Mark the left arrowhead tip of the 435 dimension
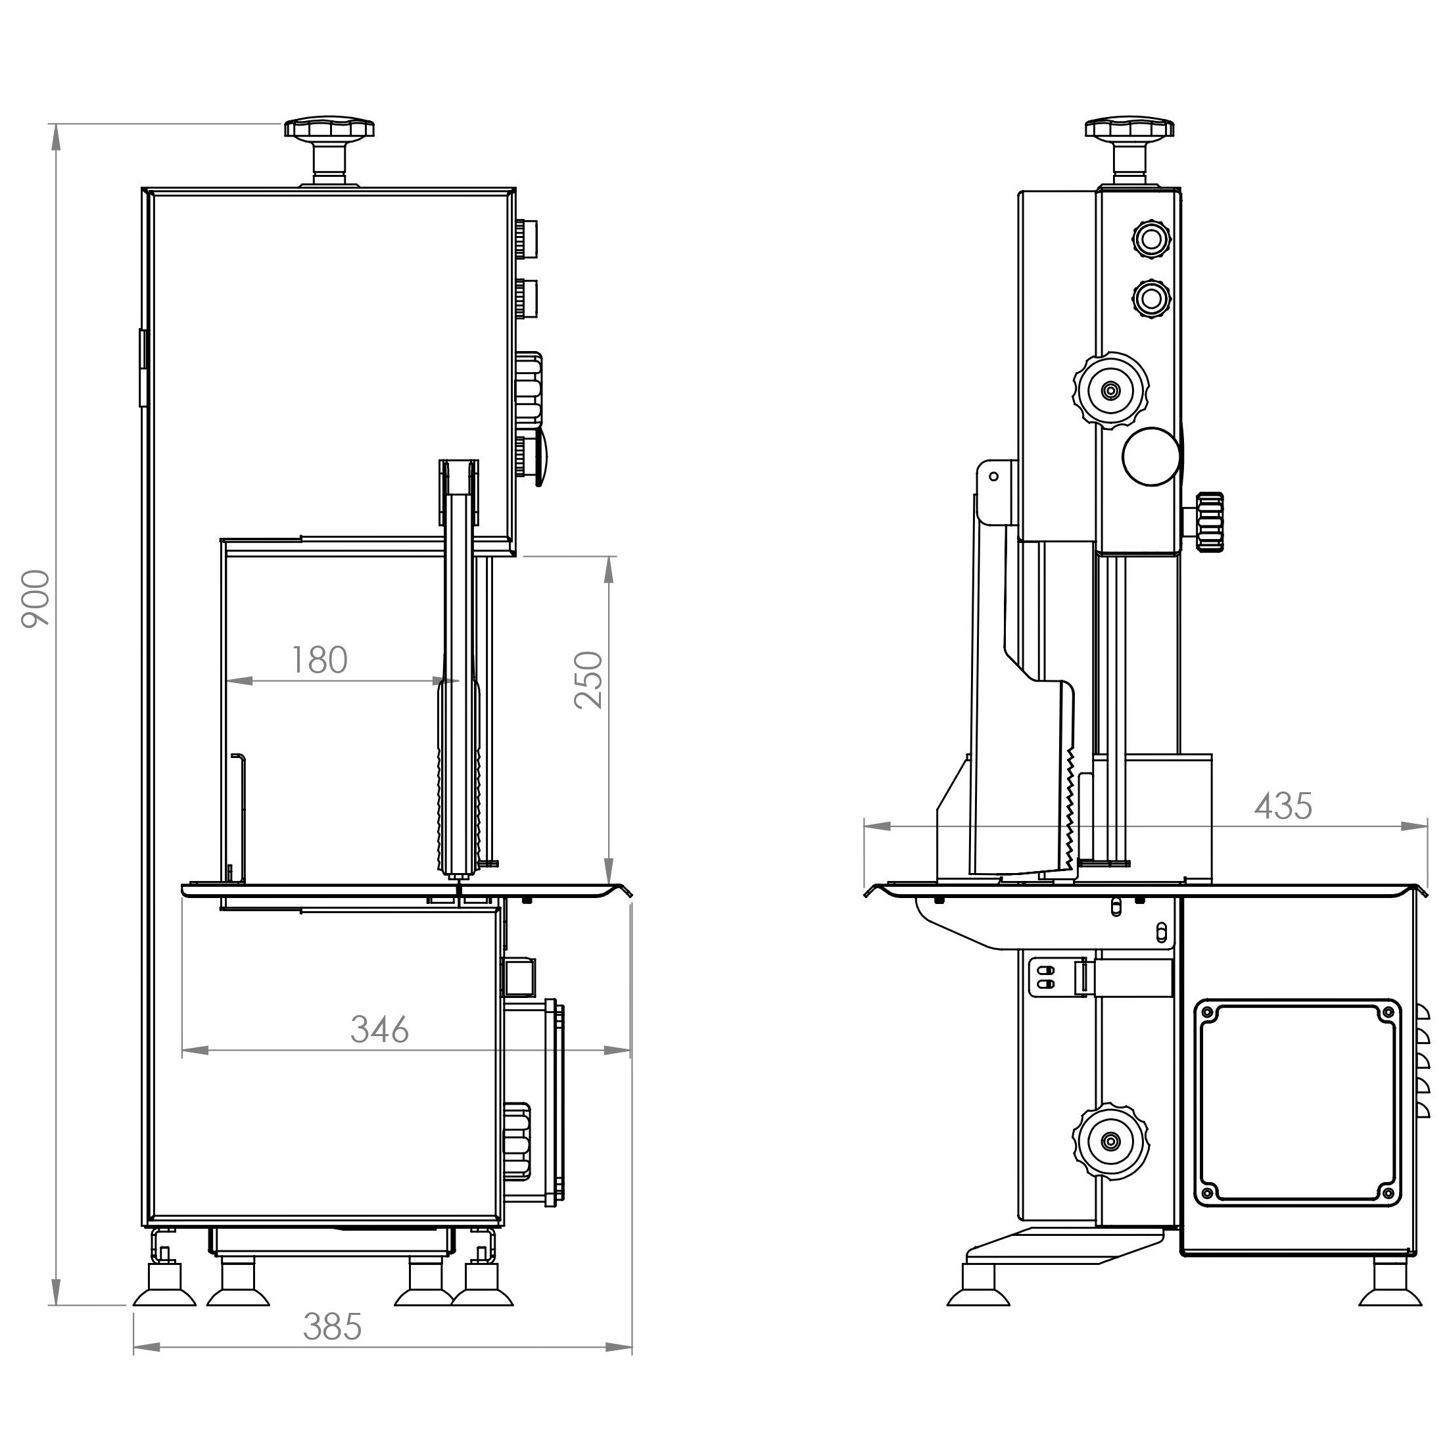coord(865,826)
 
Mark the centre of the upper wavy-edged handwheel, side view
coord(1112,389)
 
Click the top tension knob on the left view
coord(329,150)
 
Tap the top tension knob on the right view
coord(1129,150)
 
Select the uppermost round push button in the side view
coord(1150,239)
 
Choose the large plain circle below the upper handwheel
coord(1152,456)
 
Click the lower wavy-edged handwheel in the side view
coord(1112,1141)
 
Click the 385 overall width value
coord(333,1327)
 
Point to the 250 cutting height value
coord(588,679)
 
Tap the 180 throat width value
coord(319,660)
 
